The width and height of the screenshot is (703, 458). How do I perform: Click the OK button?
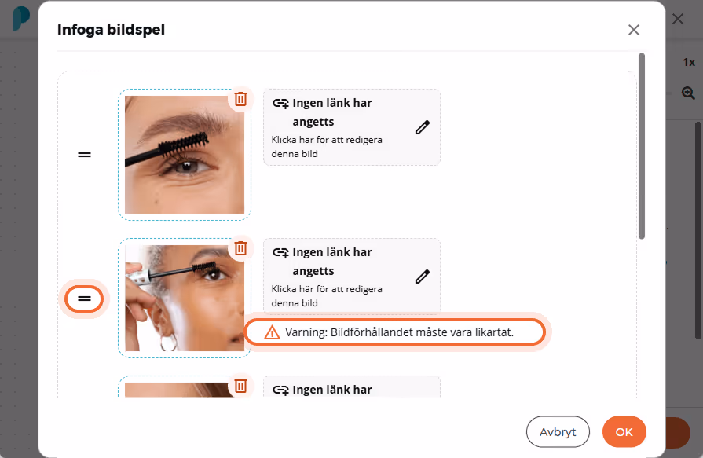pos(624,432)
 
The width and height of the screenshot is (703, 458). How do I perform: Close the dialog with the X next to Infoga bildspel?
pos(634,30)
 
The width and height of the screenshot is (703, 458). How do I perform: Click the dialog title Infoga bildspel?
pos(112,30)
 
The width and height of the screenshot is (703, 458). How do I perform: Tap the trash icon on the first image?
pos(241,99)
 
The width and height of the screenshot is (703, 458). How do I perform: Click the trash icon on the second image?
pos(241,248)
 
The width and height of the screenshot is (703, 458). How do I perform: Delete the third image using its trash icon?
pos(241,385)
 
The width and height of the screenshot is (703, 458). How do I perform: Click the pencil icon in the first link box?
pos(423,127)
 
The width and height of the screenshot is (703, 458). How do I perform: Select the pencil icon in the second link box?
pos(423,277)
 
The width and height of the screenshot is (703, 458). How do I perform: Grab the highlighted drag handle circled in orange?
pos(84,299)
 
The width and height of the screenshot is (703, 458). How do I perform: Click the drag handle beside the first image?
pos(84,155)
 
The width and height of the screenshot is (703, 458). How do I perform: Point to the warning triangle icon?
pos(272,332)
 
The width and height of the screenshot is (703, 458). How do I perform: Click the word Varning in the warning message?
pos(306,332)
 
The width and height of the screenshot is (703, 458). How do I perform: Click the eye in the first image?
pos(186,167)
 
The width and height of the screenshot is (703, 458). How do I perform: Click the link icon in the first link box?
pos(280,104)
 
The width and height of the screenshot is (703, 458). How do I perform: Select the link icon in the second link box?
pos(280,253)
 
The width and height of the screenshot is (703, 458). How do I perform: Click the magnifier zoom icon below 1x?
pos(688,93)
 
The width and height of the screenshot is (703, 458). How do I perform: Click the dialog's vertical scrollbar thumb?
pos(642,146)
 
